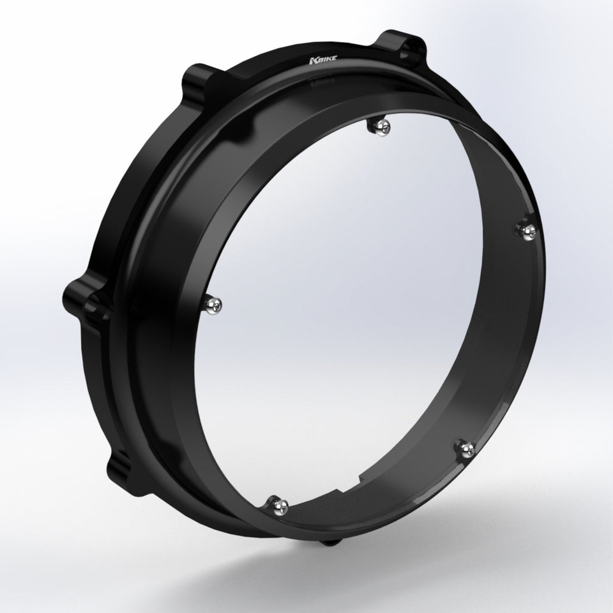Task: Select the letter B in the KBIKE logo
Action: click(x=320, y=60)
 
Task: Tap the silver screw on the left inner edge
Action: click(x=213, y=303)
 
